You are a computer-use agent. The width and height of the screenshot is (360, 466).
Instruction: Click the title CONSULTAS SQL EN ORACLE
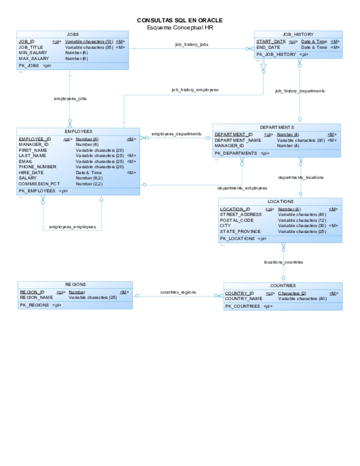point(180,20)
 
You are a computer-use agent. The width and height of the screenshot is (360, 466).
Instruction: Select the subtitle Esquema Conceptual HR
point(180,27)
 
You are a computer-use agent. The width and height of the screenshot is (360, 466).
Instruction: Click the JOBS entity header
point(73,34)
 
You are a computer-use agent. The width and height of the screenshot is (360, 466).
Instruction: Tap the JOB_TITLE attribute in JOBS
point(31,47)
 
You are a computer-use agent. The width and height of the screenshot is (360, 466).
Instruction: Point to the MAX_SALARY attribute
point(33,58)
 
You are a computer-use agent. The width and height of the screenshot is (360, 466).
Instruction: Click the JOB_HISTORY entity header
point(298,34)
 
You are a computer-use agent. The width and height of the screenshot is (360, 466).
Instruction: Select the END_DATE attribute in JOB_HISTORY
point(268,47)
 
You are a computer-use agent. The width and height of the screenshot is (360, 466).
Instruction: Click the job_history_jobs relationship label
point(191,44)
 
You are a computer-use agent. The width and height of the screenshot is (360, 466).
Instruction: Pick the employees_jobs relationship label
point(70,98)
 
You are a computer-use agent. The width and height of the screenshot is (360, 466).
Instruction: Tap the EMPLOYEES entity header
point(78,131)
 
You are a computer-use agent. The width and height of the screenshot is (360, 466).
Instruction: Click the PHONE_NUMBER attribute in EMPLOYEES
point(38,167)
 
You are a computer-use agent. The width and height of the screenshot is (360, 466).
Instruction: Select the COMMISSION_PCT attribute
point(40,184)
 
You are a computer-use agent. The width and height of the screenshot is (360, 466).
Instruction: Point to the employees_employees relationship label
point(72,226)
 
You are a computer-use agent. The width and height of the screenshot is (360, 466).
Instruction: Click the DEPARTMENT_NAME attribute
point(238,140)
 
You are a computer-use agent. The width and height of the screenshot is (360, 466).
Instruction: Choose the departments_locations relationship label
point(301,178)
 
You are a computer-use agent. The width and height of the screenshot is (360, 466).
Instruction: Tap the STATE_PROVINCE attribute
point(240,231)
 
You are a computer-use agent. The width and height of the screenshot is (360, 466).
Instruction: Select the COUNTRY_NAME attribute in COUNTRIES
point(244,298)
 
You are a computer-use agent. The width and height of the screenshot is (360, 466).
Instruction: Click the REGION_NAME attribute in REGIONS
point(37,297)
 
